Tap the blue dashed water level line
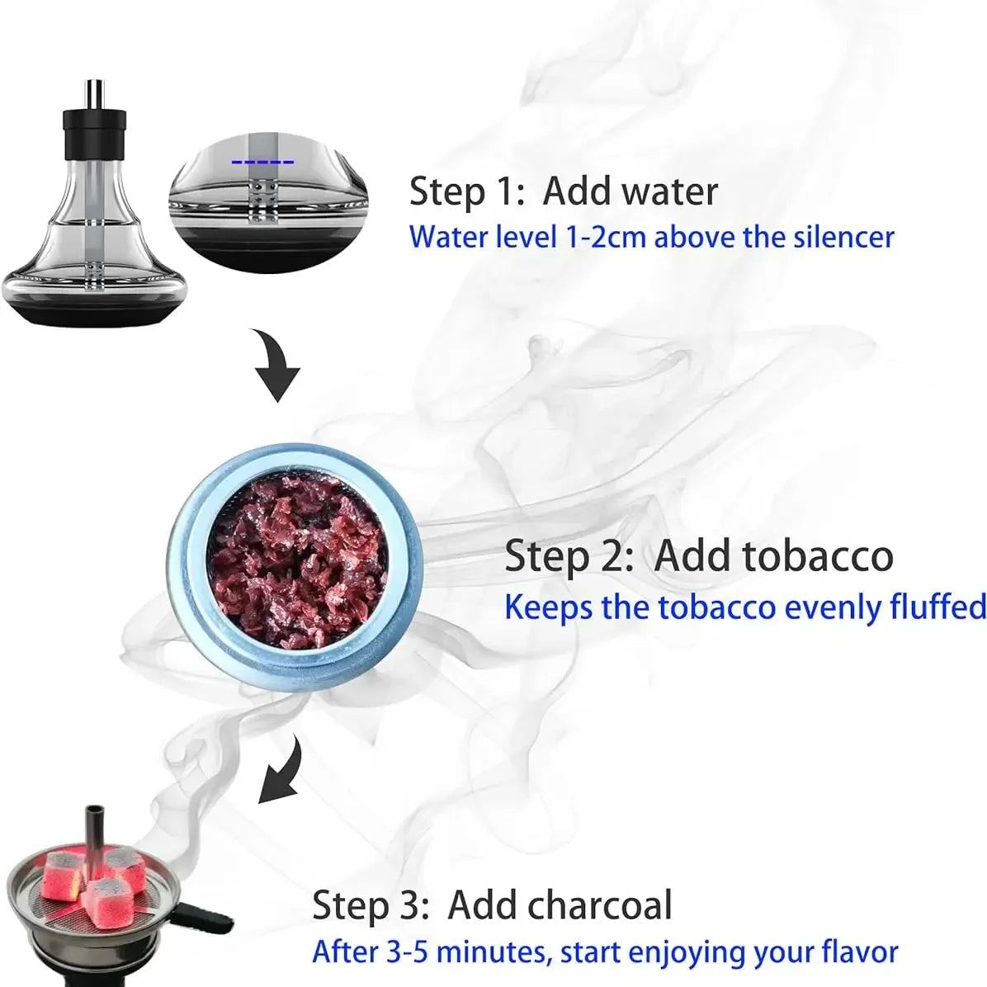tap(262, 161)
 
